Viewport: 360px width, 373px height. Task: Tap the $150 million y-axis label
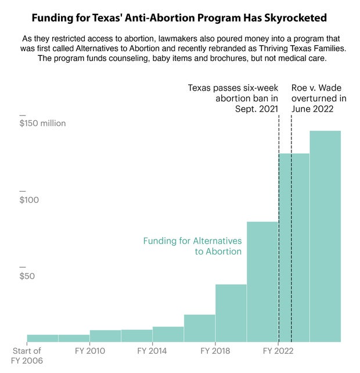pyautogui.click(x=42, y=123)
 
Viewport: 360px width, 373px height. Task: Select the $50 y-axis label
pyautogui.click(x=27, y=276)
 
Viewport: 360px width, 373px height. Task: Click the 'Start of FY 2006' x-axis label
pyautogui.click(x=27, y=355)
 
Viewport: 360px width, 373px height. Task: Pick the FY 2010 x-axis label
pyautogui.click(x=90, y=351)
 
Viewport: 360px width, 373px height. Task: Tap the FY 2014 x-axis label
pyautogui.click(x=153, y=351)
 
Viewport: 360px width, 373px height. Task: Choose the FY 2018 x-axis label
pyautogui.click(x=215, y=351)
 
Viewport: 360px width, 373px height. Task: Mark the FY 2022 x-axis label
pyautogui.click(x=278, y=351)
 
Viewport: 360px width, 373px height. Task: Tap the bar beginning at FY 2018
pyautogui.click(x=231, y=313)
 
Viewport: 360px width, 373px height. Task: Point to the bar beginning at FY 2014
pyautogui.click(x=168, y=334)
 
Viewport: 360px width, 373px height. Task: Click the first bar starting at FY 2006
pyautogui.click(x=42, y=338)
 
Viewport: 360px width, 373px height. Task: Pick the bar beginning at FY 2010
pyautogui.click(x=105, y=336)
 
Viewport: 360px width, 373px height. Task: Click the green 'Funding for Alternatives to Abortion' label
pyautogui.click(x=192, y=246)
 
